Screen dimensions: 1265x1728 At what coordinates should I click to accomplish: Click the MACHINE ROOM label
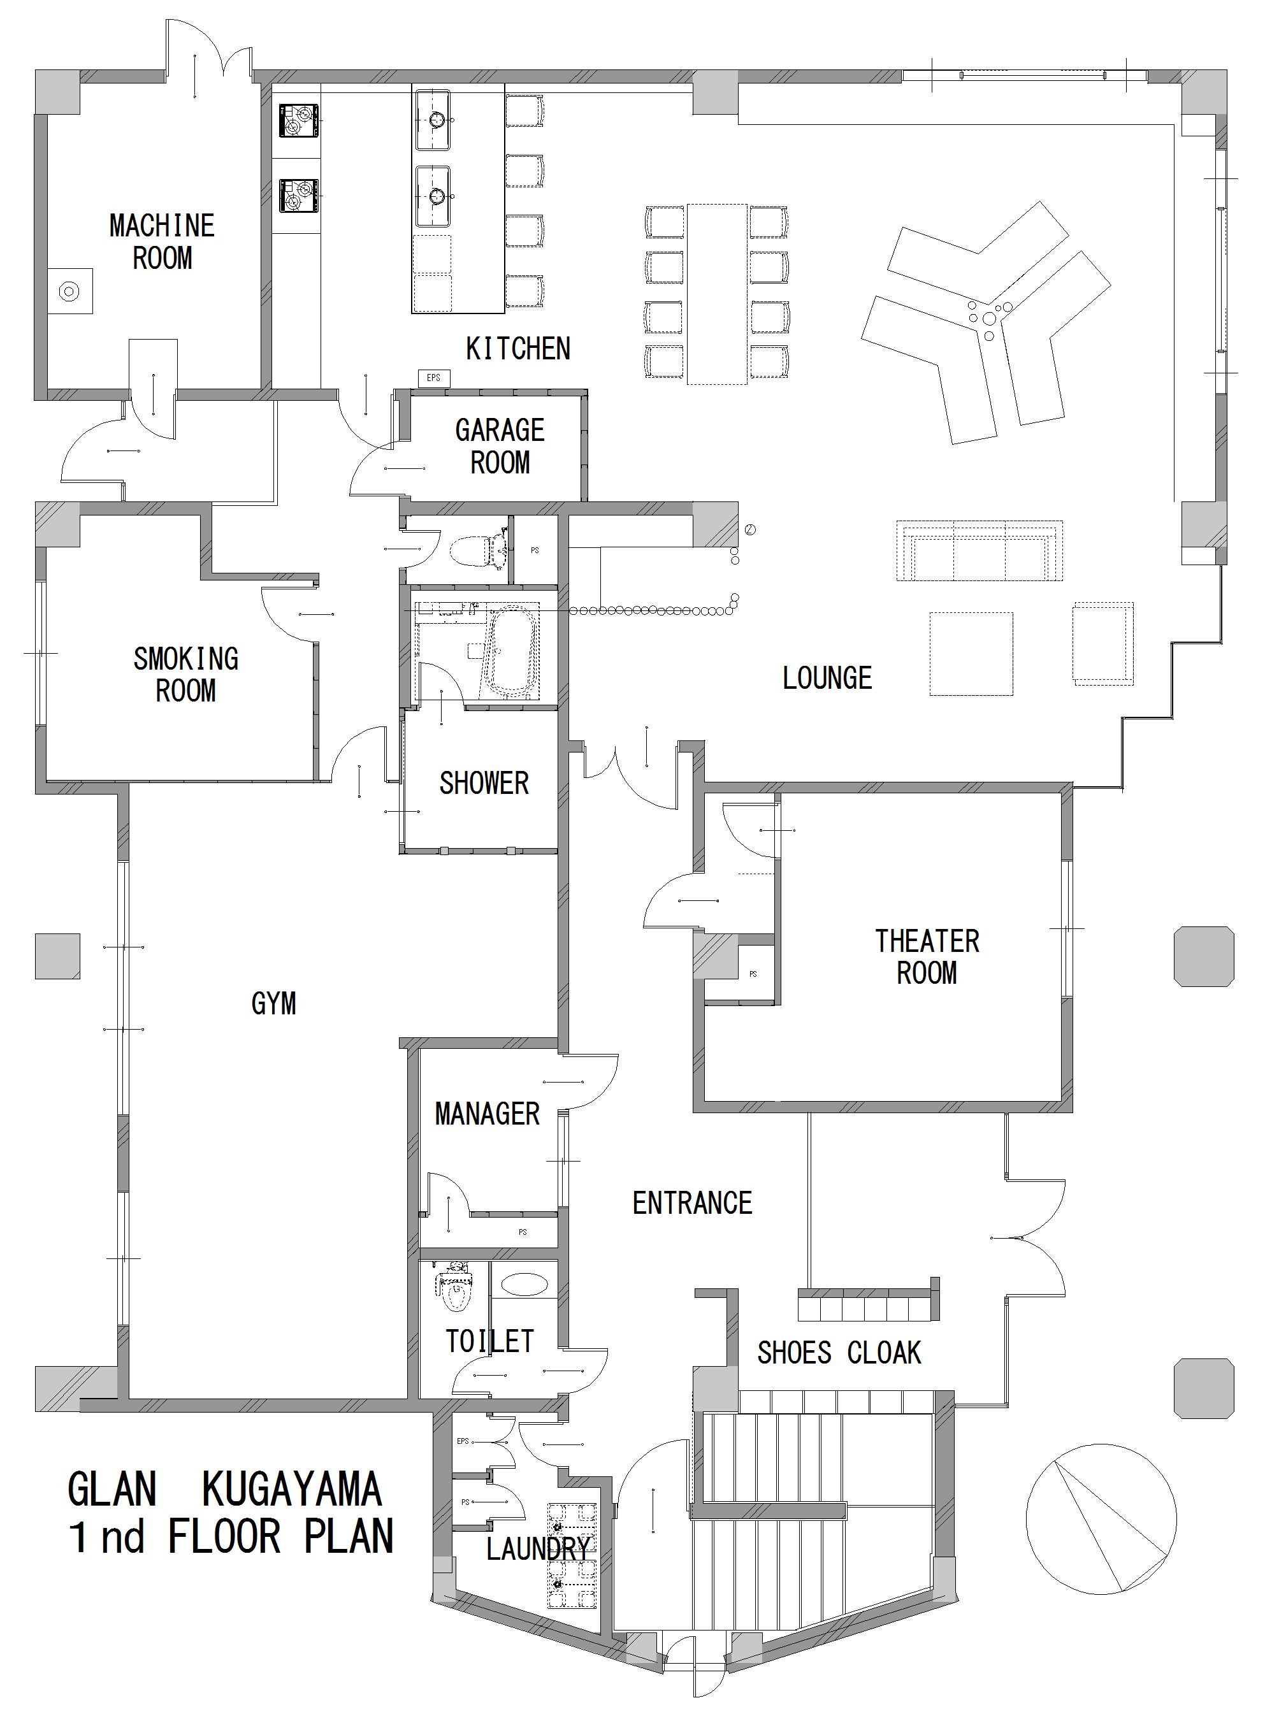(162, 242)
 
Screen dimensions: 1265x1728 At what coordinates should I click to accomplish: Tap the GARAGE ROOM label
(500, 447)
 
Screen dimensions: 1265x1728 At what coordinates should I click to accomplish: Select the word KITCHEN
(518, 349)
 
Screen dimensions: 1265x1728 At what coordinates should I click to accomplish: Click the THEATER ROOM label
(927, 957)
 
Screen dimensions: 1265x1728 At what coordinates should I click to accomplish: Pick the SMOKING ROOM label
(186, 675)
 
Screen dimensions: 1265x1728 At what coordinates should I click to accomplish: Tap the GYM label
(273, 1004)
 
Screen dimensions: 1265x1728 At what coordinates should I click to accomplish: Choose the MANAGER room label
(487, 1114)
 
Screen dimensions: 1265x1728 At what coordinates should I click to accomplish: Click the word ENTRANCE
(692, 1204)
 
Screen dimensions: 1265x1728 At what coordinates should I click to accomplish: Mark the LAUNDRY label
(539, 1550)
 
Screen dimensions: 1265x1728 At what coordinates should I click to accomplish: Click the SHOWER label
(484, 783)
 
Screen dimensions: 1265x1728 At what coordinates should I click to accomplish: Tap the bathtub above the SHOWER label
(509, 652)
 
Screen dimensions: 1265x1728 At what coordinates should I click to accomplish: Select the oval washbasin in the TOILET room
(524, 1284)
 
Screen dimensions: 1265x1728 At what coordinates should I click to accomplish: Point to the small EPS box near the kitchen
(433, 377)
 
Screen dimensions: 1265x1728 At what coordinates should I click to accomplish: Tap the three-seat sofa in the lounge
(980, 552)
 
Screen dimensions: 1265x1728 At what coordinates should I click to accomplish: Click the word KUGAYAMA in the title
(292, 1490)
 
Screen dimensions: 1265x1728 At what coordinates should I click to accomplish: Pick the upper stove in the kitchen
(299, 121)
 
